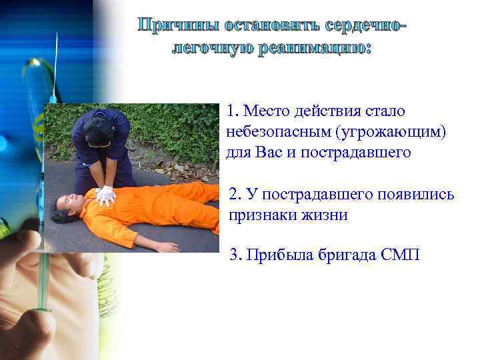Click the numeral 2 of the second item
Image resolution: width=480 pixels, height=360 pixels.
click(233, 195)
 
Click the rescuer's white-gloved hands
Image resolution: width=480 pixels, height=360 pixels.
click(105, 195)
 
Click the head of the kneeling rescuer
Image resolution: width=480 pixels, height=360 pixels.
click(98, 131)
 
